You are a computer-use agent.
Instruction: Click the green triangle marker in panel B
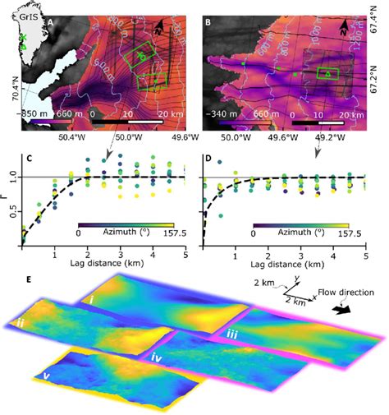tap(327, 75)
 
